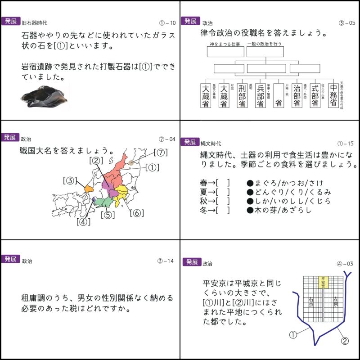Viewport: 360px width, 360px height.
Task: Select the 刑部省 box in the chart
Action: click(242, 95)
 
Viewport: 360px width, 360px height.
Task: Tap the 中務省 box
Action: click(333, 95)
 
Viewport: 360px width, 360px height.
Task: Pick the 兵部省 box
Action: click(260, 95)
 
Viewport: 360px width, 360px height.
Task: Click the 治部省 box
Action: click(297, 95)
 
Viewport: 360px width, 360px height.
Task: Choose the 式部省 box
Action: click(315, 95)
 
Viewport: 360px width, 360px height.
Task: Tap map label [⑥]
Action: click(137, 213)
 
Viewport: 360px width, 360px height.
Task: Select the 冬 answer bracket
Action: click(223, 210)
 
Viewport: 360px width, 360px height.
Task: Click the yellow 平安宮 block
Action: click(323, 282)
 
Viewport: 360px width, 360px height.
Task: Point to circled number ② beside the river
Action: click(344, 341)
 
